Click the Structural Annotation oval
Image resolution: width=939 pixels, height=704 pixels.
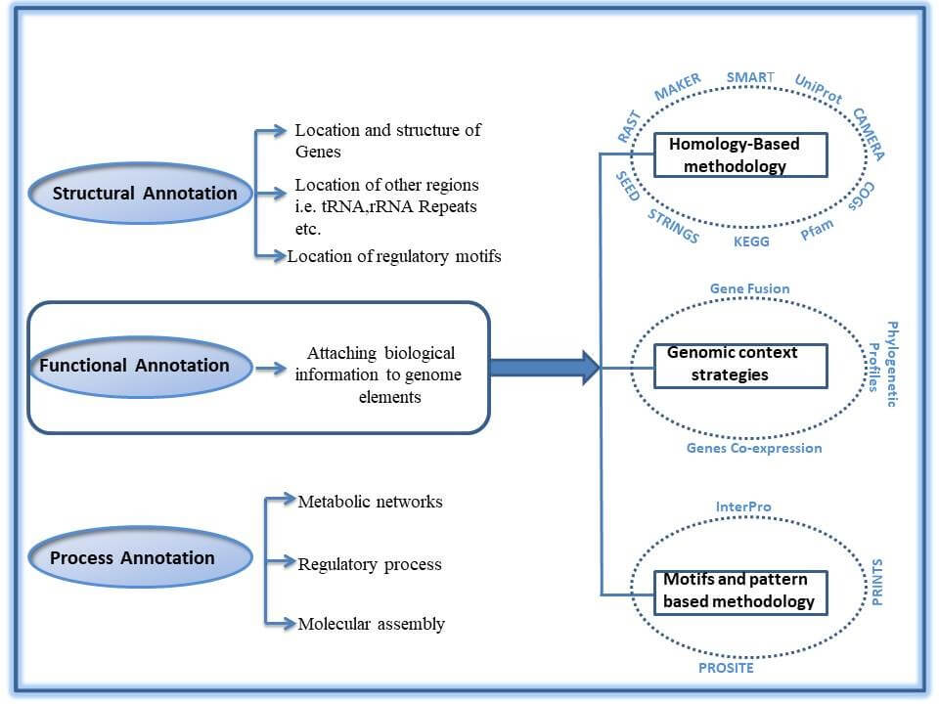click(144, 193)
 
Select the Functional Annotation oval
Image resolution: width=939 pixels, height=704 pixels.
click(134, 366)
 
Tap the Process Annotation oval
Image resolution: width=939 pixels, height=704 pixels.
click(132, 558)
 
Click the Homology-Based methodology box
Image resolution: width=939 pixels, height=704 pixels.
click(740, 154)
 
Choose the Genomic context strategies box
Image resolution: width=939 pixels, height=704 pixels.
click(740, 364)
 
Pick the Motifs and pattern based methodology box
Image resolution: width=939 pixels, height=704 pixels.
click(739, 591)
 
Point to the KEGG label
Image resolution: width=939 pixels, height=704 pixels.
click(751, 241)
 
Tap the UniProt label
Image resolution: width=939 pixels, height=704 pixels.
click(818, 89)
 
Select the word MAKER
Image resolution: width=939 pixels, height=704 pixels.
click(678, 87)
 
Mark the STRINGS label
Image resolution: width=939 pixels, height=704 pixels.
click(673, 225)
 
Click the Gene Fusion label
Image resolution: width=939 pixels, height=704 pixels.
click(748, 288)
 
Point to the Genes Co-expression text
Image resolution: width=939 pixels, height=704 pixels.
click(753, 448)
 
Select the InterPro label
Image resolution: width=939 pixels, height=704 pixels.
click(743, 506)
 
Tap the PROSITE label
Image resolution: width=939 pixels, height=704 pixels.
click(725, 668)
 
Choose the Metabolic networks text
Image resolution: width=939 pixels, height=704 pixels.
click(370, 502)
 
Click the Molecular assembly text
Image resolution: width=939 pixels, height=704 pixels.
click(371, 624)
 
